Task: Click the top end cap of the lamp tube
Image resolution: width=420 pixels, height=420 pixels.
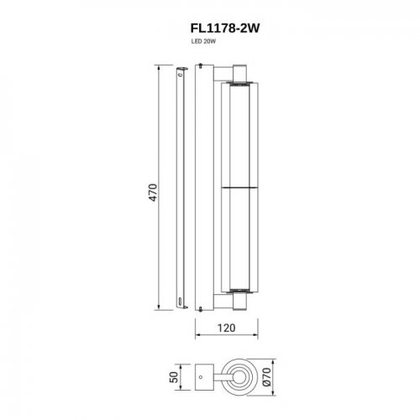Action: click(x=236, y=82)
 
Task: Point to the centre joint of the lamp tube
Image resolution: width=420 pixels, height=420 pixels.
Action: click(x=236, y=186)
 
